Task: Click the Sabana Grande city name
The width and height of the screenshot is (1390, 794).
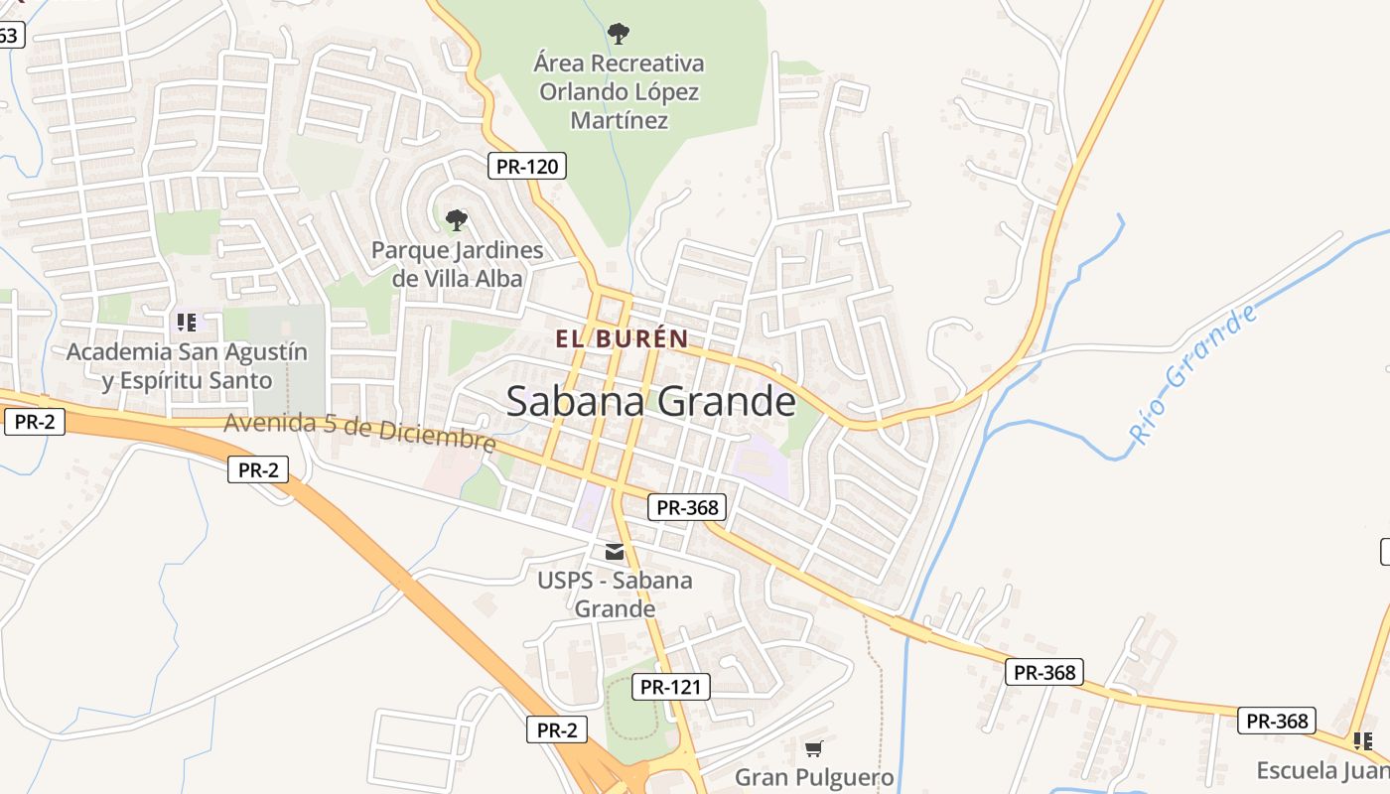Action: tap(650, 402)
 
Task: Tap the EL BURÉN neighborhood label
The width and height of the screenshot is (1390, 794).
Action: tap(622, 338)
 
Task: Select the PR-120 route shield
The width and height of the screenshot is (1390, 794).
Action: tap(527, 166)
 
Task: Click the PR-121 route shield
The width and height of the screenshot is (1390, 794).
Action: tap(671, 686)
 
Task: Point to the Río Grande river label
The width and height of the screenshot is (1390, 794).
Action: tap(1193, 374)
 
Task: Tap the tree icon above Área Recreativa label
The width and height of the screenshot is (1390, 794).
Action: tap(619, 35)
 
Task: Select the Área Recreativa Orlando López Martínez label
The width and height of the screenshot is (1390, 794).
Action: tap(619, 92)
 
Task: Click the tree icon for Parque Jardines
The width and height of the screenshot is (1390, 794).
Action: tap(457, 220)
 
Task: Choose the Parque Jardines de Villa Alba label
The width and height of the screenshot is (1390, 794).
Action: tap(457, 264)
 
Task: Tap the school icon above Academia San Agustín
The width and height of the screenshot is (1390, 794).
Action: tap(187, 323)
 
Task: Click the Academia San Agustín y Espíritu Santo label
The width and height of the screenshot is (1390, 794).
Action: tap(187, 366)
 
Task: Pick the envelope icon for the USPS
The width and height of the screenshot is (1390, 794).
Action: tap(616, 552)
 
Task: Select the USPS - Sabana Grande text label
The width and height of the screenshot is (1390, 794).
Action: tap(616, 594)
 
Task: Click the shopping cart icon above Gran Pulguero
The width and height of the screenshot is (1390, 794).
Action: tap(814, 748)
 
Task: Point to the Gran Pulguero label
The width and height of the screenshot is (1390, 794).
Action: tap(814, 777)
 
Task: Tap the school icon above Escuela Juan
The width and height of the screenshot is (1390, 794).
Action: tap(1362, 740)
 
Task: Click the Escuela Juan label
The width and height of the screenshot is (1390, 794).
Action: tap(1321, 770)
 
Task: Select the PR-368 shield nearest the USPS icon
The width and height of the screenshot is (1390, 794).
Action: tap(687, 507)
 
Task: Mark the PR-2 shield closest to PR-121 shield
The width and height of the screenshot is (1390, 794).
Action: tap(556, 730)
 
